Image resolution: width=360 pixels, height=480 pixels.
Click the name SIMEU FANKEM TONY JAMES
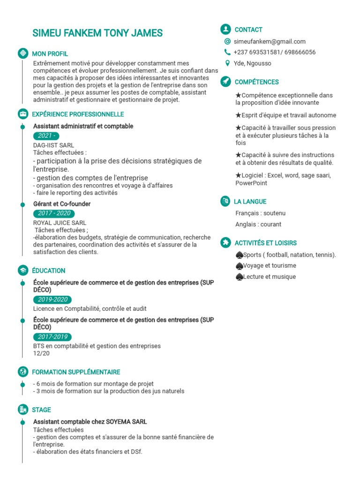pyautogui.click(x=97, y=33)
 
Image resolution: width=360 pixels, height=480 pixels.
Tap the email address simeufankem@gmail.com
pyautogui.click(x=270, y=41)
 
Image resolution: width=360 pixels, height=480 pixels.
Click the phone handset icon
pyautogui.click(x=227, y=52)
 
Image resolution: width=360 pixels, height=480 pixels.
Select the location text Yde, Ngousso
pyautogui.click(x=252, y=63)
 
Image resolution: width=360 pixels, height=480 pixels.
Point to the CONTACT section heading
pyautogui.click(x=248, y=30)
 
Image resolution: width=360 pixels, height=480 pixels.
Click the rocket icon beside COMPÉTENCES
pyautogui.click(x=225, y=82)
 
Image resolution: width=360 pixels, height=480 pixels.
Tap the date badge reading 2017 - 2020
pyautogui.click(x=54, y=213)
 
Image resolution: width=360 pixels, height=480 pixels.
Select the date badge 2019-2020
pyautogui.click(x=52, y=300)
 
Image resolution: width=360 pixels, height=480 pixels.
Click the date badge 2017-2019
pyautogui.click(x=52, y=337)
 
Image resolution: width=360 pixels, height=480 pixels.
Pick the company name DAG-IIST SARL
pyautogui.click(x=53, y=145)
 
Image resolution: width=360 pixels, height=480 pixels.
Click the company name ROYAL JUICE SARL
pyautogui.click(x=60, y=223)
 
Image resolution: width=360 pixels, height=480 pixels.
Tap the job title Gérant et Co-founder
pyautogui.click(x=62, y=204)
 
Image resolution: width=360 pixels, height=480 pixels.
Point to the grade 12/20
pyautogui.click(x=41, y=353)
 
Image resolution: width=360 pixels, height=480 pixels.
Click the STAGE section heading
pyautogui.click(x=41, y=410)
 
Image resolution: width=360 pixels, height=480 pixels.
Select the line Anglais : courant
pyautogui.click(x=258, y=224)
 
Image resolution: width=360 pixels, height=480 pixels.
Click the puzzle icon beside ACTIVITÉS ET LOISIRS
pyautogui.click(x=225, y=242)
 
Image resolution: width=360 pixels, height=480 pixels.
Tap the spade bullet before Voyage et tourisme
pyautogui.click(x=240, y=266)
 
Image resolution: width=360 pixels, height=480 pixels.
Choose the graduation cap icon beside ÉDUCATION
pyautogui.click(x=22, y=270)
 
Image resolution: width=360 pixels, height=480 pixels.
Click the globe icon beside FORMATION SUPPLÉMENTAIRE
pyautogui.click(x=22, y=372)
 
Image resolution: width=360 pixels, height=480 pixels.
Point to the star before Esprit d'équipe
pyautogui.click(x=238, y=115)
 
